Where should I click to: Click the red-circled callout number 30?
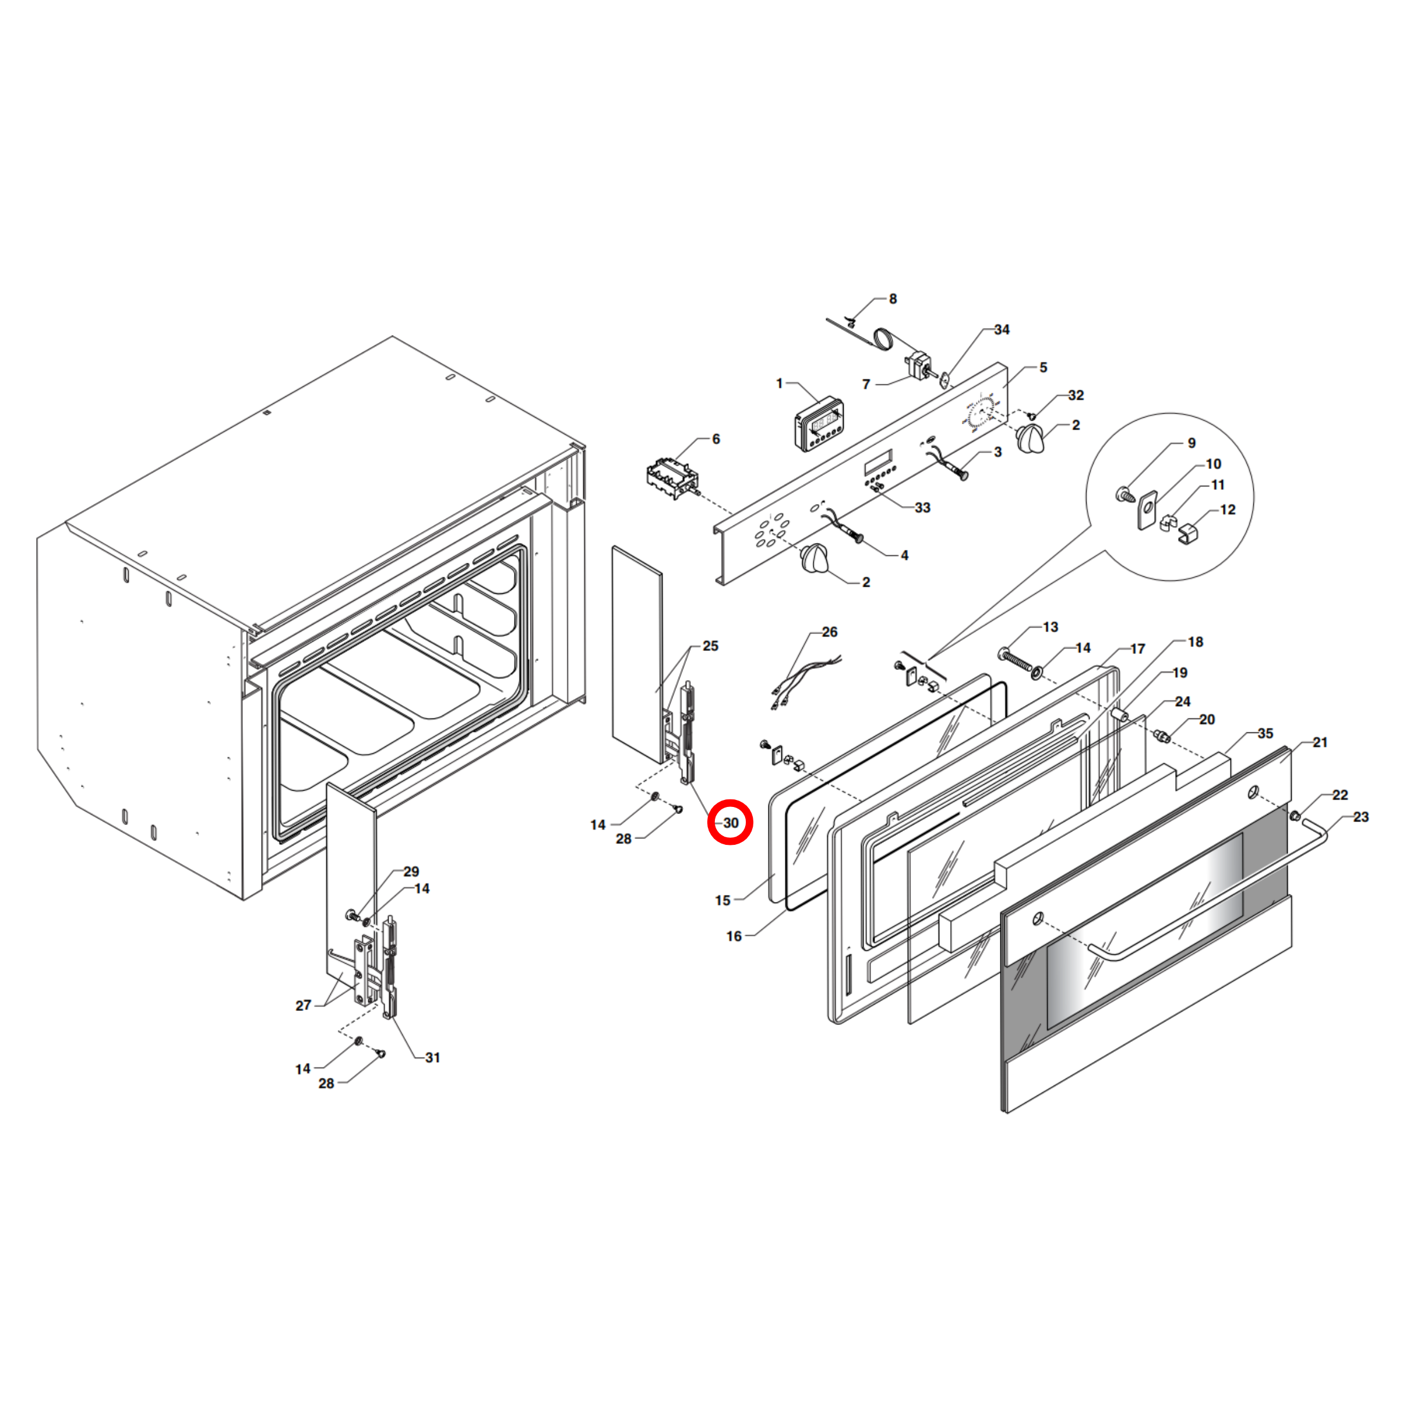pyautogui.click(x=731, y=823)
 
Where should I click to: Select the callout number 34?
pyautogui.click(x=1002, y=330)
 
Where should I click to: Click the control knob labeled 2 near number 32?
pyautogui.click(x=1031, y=439)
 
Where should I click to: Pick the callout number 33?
pyautogui.click(x=922, y=507)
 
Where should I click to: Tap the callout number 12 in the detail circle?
pyautogui.click(x=1227, y=510)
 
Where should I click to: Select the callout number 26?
pyautogui.click(x=829, y=632)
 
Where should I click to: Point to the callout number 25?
pyautogui.click(x=710, y=646)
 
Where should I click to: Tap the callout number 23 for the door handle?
pyautogui.click(x=1361, y=817)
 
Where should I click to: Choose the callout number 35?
pyautogui.click(x=1265, y=734)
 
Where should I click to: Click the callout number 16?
pyautogui.click(x=734, y=936)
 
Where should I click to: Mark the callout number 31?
pyautogui.click(x=433, y=1057)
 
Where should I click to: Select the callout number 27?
pyautogui.click(x=303, y=1005)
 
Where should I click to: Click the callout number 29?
pyautogui.click(x=411, y=872)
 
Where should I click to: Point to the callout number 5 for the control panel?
pyautogui.click(x=1043, y=368)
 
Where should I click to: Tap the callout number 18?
pyautogui.click(x=1196, y=642)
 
